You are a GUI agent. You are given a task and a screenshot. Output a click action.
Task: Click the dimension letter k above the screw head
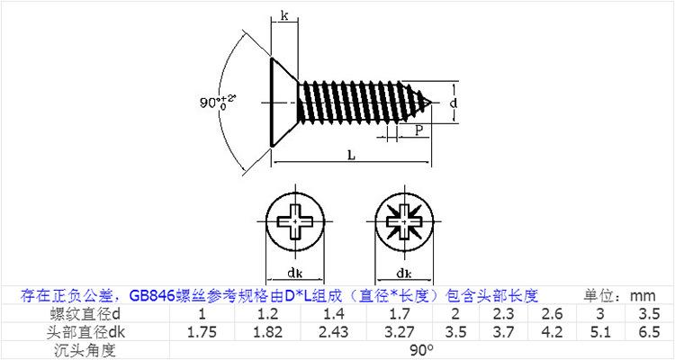pyautogui.click(x=284, y=16)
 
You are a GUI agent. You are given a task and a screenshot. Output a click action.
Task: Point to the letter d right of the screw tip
pyautogui.click(x=453, y=103)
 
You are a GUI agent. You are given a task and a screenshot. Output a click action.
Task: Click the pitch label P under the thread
pyautogui.click(x=419, y=130)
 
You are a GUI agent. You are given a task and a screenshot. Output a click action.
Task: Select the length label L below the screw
pyautogui.click(x=352, y=156)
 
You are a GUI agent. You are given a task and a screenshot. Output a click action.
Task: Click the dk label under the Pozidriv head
pyautogui.click(x=404, y=273)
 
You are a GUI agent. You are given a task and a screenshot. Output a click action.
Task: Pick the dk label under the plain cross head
pyautogui.click(x=295, y=273)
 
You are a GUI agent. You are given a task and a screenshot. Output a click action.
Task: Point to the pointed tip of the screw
pyautogui.click(x=431, y=103)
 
